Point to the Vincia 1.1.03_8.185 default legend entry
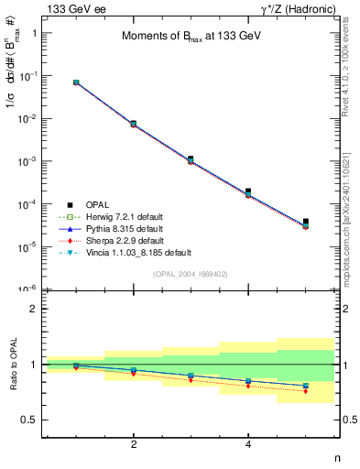coord(128,252)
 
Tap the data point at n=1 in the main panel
coord(76,82)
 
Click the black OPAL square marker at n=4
coord(248,191)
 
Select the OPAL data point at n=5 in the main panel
coord(306,222)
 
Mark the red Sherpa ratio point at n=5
coord(306,391)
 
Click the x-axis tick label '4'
coord(248,444)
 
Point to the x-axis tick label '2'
coord(134,444)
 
